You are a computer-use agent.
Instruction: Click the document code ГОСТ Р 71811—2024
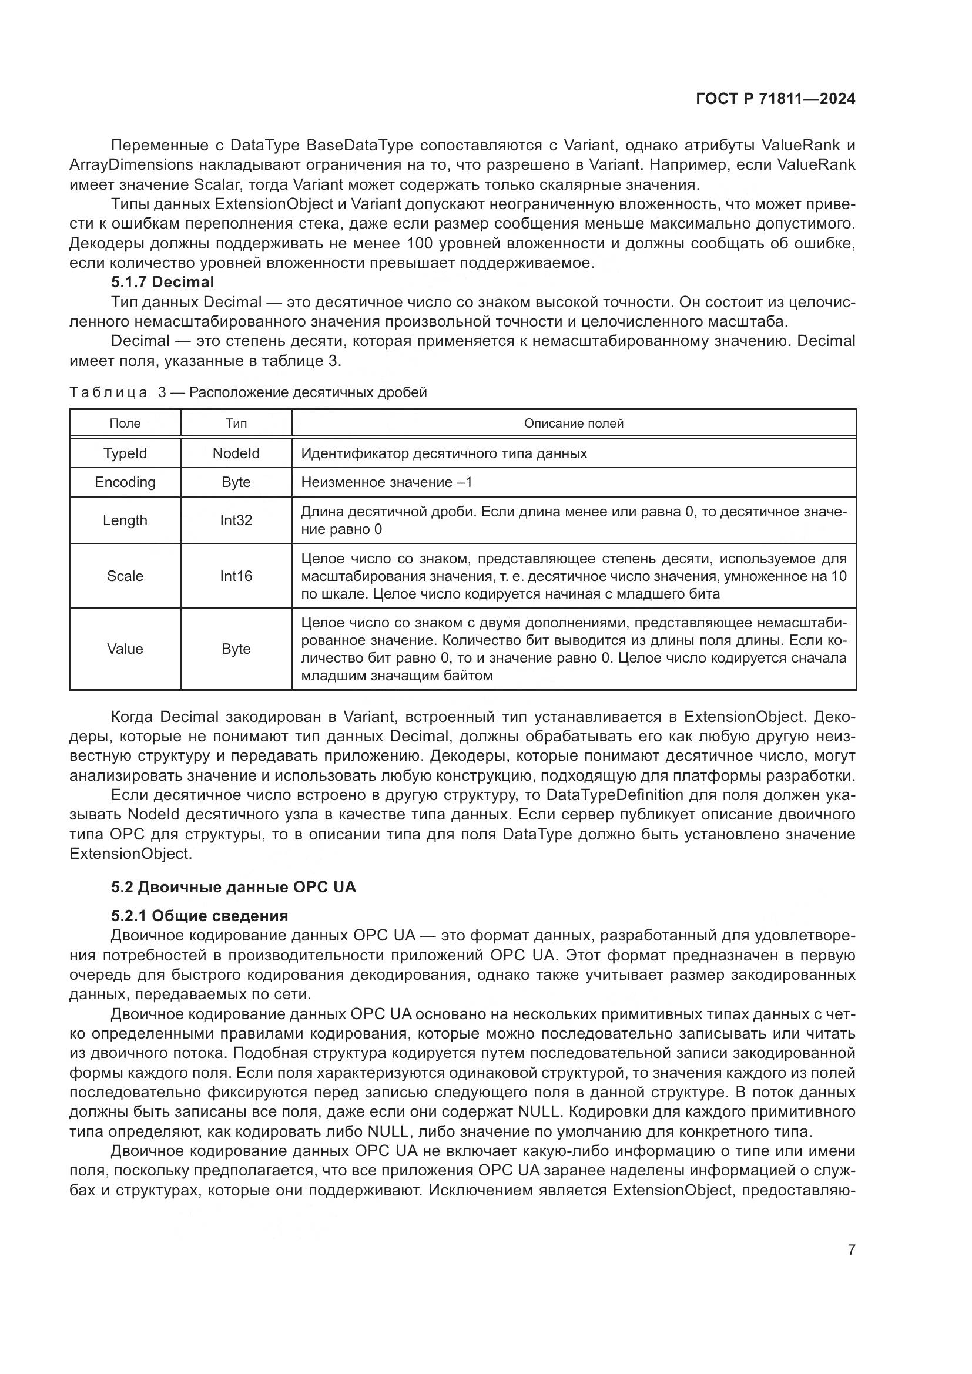(776, 99)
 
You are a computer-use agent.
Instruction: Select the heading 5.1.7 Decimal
(162, 282)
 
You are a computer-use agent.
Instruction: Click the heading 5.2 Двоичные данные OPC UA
(233, 887)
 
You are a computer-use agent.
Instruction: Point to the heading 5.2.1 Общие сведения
(199, 916)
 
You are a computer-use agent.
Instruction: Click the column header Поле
(125, 424)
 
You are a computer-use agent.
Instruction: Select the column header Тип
(236, 424)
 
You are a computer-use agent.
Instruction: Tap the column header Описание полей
(574, 424)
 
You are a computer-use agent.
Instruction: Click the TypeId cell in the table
(125, 453)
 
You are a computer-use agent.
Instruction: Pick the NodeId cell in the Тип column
(236, 453)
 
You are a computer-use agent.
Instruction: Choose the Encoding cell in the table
(125, 482)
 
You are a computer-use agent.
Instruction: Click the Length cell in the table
(125, 520)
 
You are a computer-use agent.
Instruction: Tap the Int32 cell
(236, 520)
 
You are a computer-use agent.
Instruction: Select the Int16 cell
(236, 576)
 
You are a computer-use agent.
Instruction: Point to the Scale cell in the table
(125, 576)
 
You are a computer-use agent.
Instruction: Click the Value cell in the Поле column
(125, 649)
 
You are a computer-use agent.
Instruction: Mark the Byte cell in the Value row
(236, 649)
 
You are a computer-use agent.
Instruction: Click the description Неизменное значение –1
(387, 482)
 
